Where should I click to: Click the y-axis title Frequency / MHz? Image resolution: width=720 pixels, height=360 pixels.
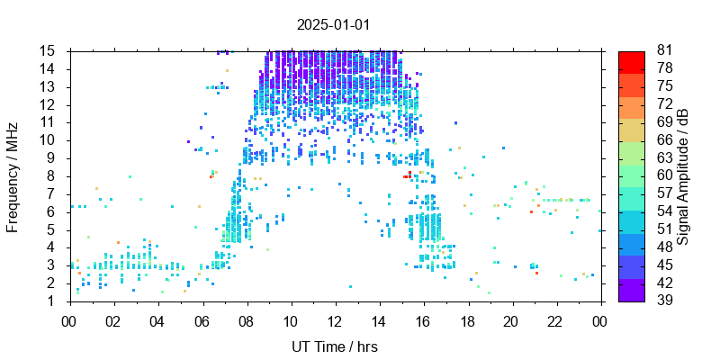click(x=13, y=176)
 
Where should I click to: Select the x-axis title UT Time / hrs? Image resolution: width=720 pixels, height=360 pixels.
click(x=335, y=346)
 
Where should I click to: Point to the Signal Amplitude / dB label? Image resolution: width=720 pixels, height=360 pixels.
click(x=683, y=176)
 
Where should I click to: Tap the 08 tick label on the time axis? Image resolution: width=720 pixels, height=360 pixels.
click(x=246, y=321)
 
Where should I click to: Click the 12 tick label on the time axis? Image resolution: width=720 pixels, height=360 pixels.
click(x=335, y=321)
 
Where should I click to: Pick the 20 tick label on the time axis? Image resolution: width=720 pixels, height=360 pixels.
click(x=511, y=321)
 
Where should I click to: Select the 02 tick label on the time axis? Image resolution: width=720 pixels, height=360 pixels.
click(x=113, y=321)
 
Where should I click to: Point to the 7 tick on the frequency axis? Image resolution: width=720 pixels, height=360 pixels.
click(x=54, y=193)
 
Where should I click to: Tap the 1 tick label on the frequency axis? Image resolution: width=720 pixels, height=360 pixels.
click(x=54, y=301)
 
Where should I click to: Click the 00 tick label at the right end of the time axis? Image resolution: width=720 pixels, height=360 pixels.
click(x=599, y=321)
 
